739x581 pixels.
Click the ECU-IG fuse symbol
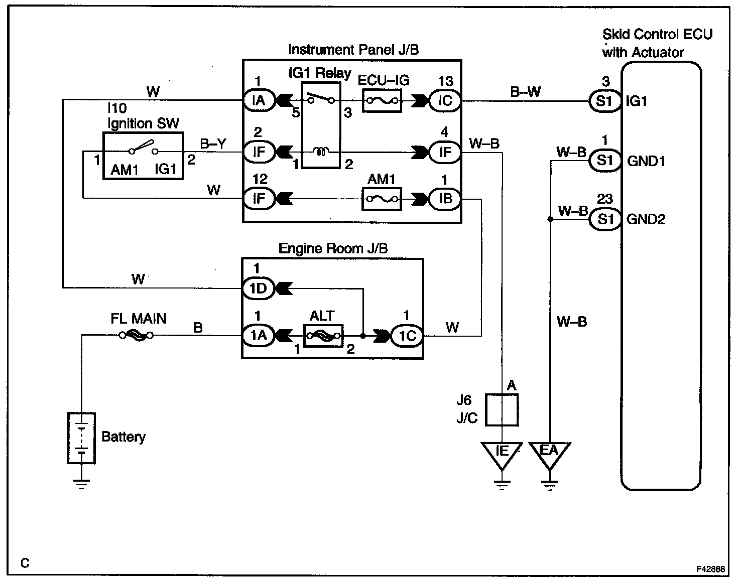381,101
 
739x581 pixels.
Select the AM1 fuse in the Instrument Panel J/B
381,199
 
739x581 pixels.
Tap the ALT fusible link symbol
323,336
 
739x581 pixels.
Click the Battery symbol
81,438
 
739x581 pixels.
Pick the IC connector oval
445,101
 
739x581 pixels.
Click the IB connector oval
445,199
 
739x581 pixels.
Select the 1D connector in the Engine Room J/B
259,288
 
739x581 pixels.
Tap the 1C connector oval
407,336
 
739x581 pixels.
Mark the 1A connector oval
259,336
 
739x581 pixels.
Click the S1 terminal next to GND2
605,219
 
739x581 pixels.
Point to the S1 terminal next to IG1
605,101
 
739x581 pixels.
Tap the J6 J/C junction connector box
502,410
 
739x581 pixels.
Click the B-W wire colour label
526,92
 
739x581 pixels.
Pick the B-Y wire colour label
213,144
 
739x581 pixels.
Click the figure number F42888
710,569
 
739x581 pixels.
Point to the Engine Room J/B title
333,248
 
